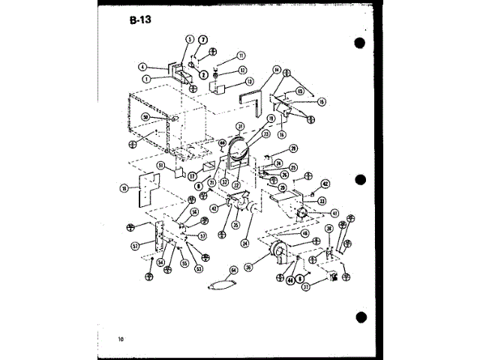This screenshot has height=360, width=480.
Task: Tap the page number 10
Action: click(x=121, y=339)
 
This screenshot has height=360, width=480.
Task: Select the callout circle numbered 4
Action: click(x=142, y=67)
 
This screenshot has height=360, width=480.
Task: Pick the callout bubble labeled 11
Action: click(x=241, y=55)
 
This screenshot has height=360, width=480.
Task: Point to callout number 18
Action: click(x=124, y=188)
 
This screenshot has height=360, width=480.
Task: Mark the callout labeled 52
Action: click(x=136, y=245)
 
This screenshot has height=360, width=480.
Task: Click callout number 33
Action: click(x=322, y=200)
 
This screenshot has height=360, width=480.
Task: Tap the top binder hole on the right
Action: click(x=360, y=43)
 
